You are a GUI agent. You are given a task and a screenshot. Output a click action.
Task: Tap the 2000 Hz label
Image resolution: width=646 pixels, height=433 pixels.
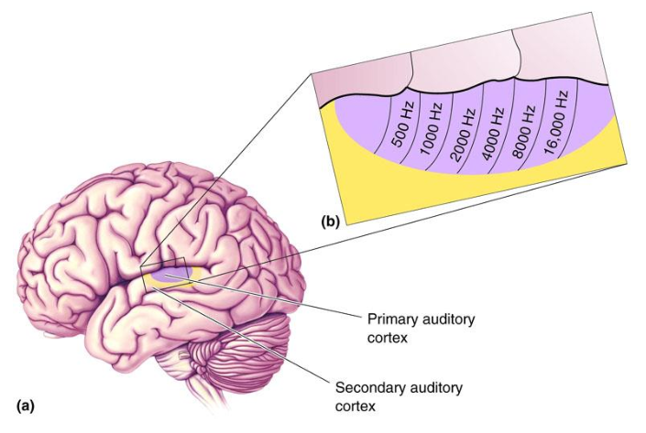pos(464,127)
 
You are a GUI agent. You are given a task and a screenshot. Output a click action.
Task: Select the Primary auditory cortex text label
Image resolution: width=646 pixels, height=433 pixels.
pos(416,328)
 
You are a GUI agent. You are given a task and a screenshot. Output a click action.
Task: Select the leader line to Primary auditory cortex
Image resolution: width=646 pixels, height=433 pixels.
pos(275,297)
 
